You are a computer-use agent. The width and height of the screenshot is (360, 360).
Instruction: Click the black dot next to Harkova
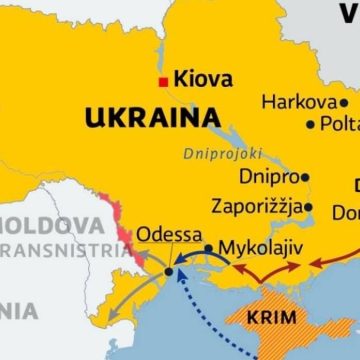(343, 102)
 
